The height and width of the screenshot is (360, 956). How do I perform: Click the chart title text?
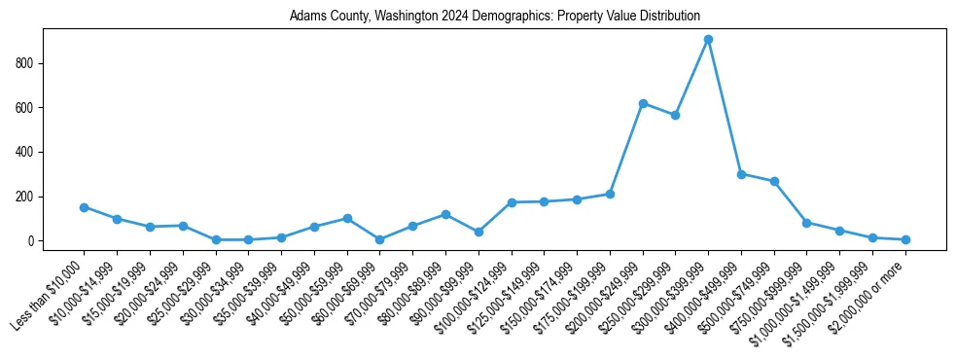tap(494, 17)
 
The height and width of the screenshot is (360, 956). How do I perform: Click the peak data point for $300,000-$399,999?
tap(708, 40)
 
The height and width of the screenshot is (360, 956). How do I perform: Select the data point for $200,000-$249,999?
tap(643, 103)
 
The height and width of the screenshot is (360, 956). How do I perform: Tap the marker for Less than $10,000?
tap(84, 207)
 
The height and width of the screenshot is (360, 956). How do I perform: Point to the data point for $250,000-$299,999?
tap(676, 115)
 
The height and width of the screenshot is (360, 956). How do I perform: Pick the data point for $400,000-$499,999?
tap(741, 174)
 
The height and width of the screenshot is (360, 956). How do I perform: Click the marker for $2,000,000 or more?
tap(905, 239)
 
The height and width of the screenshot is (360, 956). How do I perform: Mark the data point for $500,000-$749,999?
tap(774, 181)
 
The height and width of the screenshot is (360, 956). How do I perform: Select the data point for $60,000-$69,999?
tap(379, 239)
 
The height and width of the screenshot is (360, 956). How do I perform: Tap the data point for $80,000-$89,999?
tap(445, 214)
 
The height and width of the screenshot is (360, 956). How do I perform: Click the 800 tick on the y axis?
tap(27, 63)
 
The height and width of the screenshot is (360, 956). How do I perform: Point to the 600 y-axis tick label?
tap(27, 108)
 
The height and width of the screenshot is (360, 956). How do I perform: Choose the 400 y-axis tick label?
tap(27, 153)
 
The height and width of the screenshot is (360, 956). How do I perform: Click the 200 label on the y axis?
tap(27, 197)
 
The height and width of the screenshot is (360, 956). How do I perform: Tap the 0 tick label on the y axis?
tap(33, 241)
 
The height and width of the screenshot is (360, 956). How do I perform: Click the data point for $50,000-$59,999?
tap(347, 219)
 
